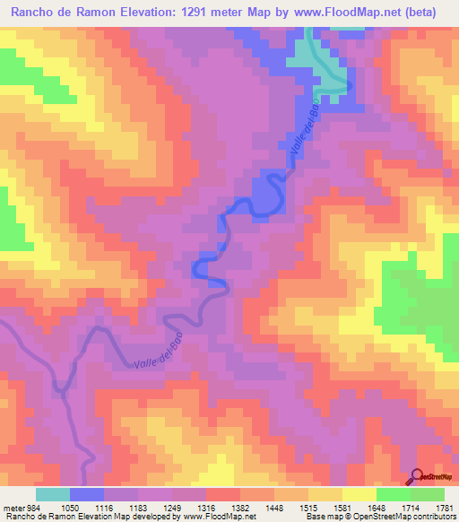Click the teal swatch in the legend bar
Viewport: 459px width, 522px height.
pyautogui.click(x=53, y=494)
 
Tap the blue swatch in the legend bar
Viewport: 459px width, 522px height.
pyautogui.click(x=87, y=494)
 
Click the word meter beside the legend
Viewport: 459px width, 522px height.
pyautogui.click(x=13, y=507)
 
